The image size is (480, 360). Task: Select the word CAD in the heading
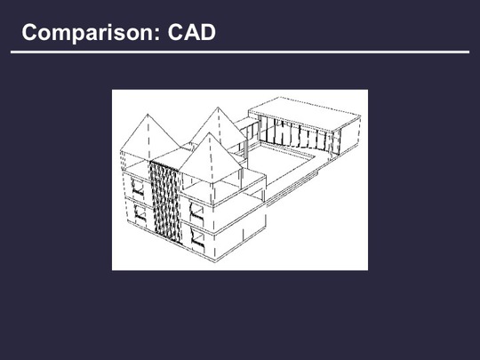point(192,32)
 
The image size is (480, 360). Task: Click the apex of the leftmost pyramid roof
point(148,114)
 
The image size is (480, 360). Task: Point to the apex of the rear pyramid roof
point(218,108)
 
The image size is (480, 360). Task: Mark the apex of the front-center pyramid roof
point(209,132)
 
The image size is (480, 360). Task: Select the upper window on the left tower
point(138,187)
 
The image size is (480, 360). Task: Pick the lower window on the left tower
point(140,212)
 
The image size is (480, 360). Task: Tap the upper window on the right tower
point(196,211)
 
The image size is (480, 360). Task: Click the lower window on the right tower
point(198,237)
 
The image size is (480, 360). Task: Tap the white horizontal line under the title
point(240,52)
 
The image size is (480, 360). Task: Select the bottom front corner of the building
point(216,260)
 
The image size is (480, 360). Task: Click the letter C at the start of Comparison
point(29,32)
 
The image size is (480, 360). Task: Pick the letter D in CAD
point(208,32)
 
